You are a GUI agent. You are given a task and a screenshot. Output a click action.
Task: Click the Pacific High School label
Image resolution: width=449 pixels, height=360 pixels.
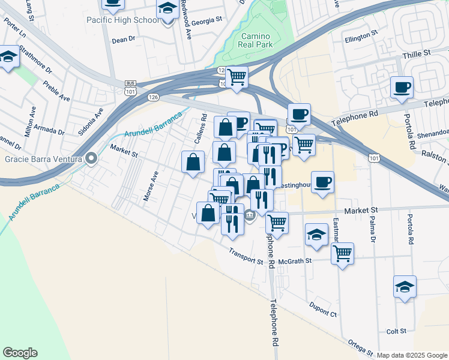pyautogui.click(x=123, y=20)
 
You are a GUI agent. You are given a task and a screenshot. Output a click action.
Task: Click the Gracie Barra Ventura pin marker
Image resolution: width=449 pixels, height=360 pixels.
pyautogui.click(x=91, y=159)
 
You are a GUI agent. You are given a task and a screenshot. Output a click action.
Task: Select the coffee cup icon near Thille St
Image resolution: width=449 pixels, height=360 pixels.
pyautogui.click(x=401, y=87)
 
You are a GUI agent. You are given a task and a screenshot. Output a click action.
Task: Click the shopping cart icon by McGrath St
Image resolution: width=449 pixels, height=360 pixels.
pyautogui.click(x=342, y=253)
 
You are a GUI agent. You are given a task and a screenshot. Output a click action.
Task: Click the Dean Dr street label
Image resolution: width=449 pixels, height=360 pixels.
pyautogui.click(x=124, y=41)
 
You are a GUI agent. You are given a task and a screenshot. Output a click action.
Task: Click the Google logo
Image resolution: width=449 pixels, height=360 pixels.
pyautogui.click(x=20, y=353)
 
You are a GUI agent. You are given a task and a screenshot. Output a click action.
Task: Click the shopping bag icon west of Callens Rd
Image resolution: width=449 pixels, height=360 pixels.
pyautogui.click(x=193, y=162)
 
